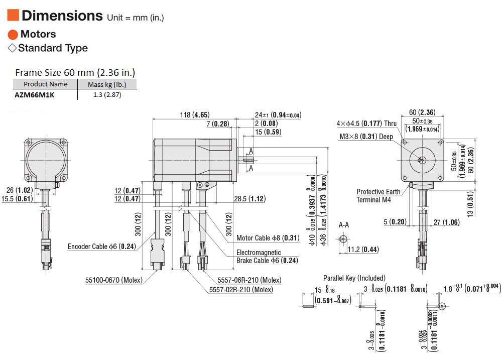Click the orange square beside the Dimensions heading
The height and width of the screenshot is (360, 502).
pyautogui.click(x=13, y=15)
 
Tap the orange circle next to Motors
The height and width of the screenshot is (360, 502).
pyautogui.click(x=13, y=35)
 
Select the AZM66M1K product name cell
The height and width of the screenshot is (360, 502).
pyautogui.click(x=35, y=95)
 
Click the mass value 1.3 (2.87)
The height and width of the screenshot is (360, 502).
pyautogui.click(x=107, y=94)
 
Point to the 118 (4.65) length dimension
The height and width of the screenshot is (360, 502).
pyautogui.click(x=195, y=114)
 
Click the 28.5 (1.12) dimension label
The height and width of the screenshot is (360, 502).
pyautogui.click(x=249, y=198)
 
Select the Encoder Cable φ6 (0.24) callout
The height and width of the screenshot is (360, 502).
pyautogui.click(x=102, y=247)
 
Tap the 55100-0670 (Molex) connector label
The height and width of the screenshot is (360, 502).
pyautogui.click(x=113, y=280)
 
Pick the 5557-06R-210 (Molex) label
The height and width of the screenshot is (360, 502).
pyautogui.click(x=249, y=280)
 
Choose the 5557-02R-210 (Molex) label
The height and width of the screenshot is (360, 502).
pyautogui.click(x=241, y=290)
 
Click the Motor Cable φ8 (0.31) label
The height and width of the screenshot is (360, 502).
pyautogui.click(x=268, y=237)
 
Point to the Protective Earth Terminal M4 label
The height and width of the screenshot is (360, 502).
pyautogui.click(x=379, y=196)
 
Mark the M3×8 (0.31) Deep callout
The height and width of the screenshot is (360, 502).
pyautogui.click(x=366, y=137)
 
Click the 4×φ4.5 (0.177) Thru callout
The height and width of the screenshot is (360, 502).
pyautogui.click(x=366, y=124)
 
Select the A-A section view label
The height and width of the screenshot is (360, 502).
pyautogui.click(x=344, y=225)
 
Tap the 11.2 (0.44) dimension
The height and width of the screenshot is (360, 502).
pyautogui.click(x=363, y=249)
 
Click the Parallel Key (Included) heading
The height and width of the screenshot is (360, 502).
pyautogui.click(x=354, y=278)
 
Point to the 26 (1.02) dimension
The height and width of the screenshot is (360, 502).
pyautogui.click(x=20, y=190)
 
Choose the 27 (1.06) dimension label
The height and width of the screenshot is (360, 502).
pyautogui.click(x=447, y=222)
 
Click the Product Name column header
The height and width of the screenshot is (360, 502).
pyautogui.click(x=46, y=84)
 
